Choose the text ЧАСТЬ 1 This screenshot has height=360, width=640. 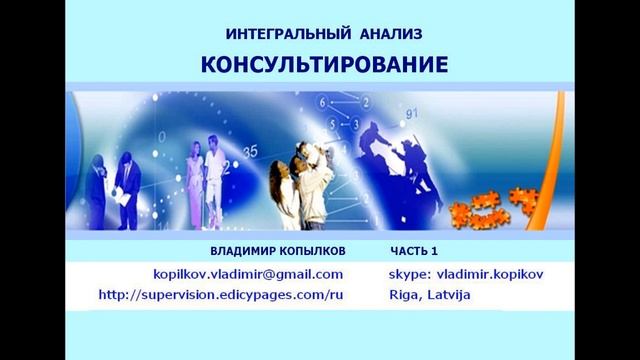[414, 250]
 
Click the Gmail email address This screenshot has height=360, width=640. [248, 273]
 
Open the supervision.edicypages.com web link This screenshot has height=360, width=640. [228, 295]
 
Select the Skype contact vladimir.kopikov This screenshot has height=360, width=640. [467, 273]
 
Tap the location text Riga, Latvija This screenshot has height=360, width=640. [430, 295]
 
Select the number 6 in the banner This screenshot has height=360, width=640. [323, 103]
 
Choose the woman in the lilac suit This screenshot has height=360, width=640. [190, 180]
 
